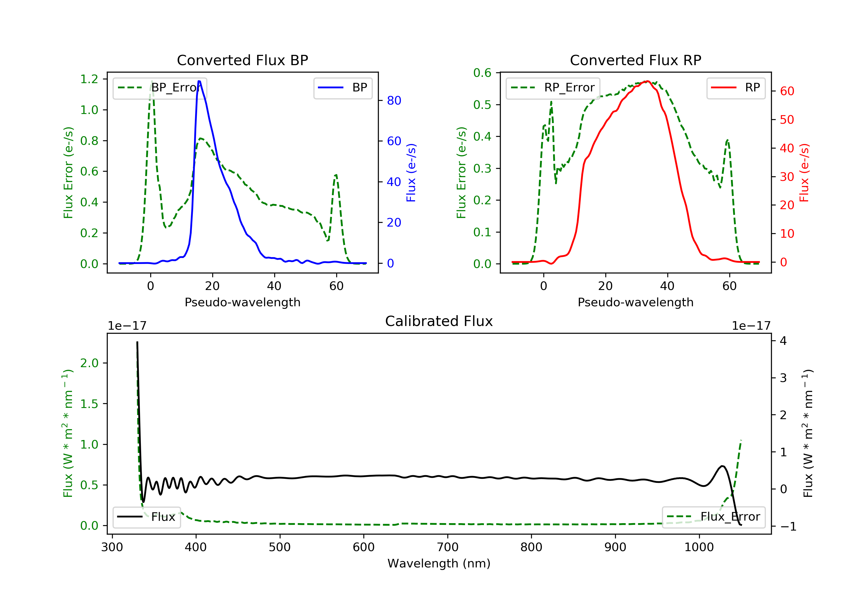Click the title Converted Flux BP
point(242,60)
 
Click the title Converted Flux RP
point(635,60)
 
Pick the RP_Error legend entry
point(553,88)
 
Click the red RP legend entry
point(736,88)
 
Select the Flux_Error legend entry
point(713,517)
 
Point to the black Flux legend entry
point(147,517)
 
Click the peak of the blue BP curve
point(199,81)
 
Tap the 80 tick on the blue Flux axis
point(394,101)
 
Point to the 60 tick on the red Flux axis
point(787,91)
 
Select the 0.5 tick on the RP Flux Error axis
point(482,105)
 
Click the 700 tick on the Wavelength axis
point(448,547)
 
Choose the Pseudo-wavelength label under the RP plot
point(635,302)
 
